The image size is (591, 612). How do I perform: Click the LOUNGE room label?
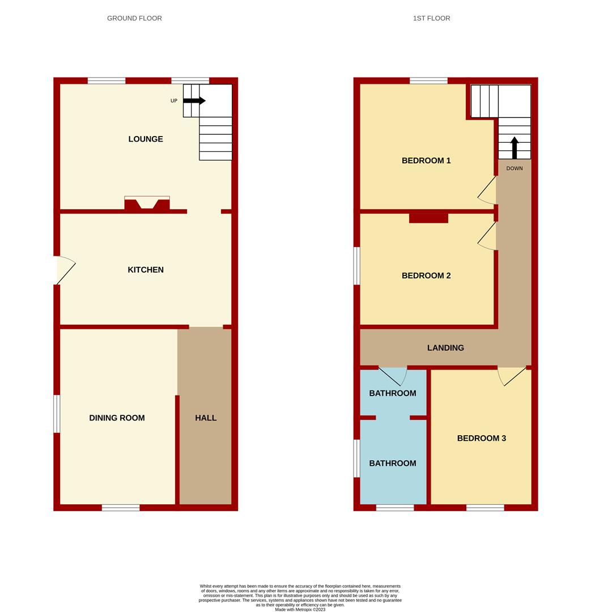[146, 139]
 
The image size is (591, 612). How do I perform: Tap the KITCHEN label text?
[146, 270]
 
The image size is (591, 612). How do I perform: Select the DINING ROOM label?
[117, 418]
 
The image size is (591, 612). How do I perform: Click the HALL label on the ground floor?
[206, 418]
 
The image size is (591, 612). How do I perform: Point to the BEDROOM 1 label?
[426, 160]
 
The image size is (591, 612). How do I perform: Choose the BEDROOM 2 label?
[426, 275]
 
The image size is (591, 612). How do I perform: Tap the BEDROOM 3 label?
[482, 438]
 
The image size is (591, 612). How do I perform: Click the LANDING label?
[445, 348]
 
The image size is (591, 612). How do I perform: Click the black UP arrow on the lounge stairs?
[194, 101]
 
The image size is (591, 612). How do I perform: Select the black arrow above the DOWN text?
[515, 147]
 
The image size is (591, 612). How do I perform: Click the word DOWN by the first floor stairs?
[515, 168]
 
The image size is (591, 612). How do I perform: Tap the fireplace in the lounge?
[147, 203]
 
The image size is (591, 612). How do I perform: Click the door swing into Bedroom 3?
[511, 376]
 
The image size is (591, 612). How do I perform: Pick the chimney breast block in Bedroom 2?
[428, 218]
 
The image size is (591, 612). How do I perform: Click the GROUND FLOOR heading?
[134, 18]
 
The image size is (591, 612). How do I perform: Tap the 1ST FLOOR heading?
[431, 18]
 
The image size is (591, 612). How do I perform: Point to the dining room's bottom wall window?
[121, 508]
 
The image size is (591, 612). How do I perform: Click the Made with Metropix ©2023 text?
[300, 609]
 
